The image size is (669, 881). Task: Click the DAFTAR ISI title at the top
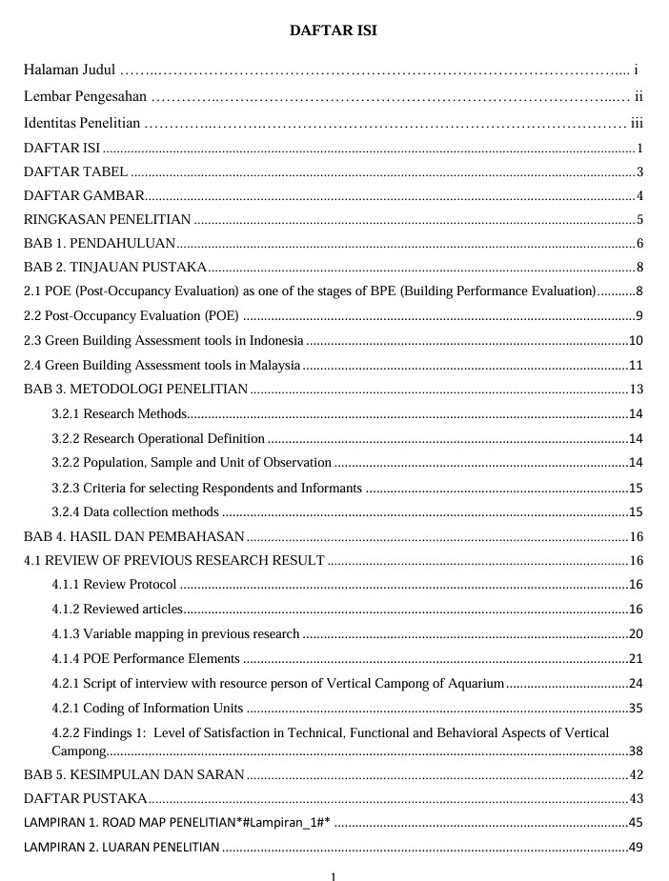(x=334, y=31)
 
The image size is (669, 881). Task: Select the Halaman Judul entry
(x=69, y=70)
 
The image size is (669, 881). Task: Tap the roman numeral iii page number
(x=638, y=123)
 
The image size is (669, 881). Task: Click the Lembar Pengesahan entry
(x=85, y=96)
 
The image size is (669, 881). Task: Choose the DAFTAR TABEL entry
(x=75, y=172)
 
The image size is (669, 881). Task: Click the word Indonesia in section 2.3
(x=276, y=341)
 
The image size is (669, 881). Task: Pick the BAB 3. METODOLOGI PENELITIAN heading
(x=135, y=390)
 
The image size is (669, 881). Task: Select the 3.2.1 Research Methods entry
(x=119, y=413)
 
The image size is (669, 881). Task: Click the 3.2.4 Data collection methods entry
(x=135, y=511)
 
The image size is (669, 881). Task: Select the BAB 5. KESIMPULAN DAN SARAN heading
(x=133, y=774)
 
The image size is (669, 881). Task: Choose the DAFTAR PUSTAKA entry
(x=85, y=798)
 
